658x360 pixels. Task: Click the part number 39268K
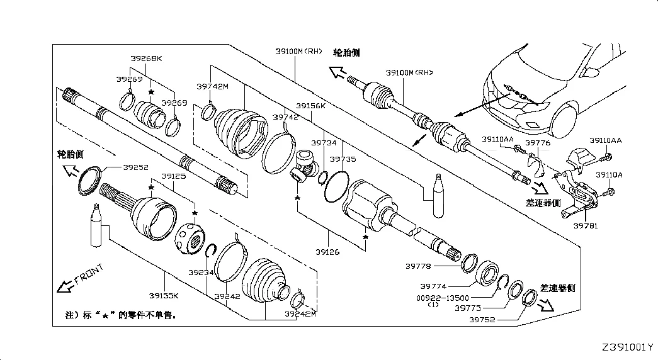(146, 59)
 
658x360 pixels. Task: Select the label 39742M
(212, 87)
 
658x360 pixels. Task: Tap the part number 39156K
(310, 106)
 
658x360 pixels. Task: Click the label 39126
(327, 252)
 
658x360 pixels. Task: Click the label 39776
(538, 143)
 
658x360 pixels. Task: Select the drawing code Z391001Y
(627, 347)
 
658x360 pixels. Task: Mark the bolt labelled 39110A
(611, 189)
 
